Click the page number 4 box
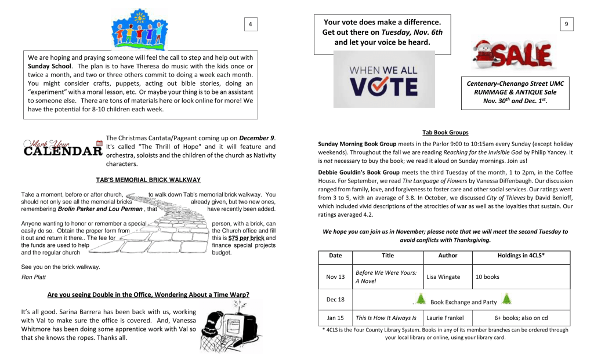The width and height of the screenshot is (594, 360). point(250,24)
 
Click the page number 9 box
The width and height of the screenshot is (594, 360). point(566,24)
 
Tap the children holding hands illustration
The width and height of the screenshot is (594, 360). point(139,30)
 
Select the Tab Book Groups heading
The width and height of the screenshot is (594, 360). point(445,133)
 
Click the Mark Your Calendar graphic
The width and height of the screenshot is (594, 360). point(63,148)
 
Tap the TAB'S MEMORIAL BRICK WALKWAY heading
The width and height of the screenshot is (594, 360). point(148,180)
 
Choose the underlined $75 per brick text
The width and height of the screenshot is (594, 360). point(247,238)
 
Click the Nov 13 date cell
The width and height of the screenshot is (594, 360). point(335,277)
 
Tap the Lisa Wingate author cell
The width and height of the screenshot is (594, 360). point(443,277)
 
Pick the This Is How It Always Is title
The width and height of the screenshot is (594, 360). point(386,318)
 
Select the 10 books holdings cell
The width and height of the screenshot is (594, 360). point(487,277)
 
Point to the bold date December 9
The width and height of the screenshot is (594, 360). point(256,138)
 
